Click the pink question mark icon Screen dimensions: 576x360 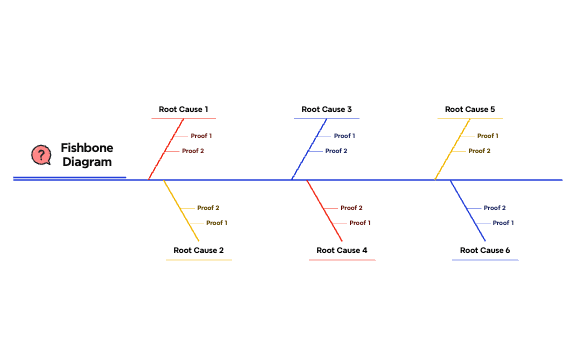41,155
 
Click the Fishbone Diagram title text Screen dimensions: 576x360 87,154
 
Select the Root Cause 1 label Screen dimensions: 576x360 184,109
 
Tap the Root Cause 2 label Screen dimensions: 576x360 198,250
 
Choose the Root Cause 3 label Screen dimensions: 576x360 327,109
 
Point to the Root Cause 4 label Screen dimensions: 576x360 342,250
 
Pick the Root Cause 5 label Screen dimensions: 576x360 470,109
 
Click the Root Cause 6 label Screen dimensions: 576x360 485,250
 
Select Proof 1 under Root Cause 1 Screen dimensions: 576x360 202,136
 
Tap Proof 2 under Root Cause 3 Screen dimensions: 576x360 336,151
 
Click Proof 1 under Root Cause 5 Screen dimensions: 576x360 488,136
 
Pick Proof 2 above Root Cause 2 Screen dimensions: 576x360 208,208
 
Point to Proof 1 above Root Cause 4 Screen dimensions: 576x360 360,223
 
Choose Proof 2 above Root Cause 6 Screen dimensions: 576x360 495,208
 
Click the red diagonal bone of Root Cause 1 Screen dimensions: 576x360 167,149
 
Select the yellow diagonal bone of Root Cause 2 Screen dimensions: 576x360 181,210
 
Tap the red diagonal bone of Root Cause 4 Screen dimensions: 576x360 324,210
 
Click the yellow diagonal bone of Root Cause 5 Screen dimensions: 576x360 453,149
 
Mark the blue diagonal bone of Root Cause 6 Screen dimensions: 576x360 468,210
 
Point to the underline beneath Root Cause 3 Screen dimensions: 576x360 327,119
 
